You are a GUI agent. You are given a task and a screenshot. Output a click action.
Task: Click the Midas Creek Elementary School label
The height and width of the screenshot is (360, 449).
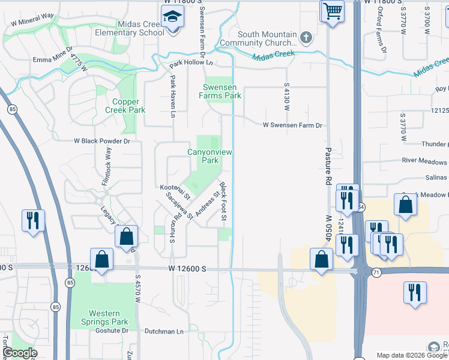pos(129,28)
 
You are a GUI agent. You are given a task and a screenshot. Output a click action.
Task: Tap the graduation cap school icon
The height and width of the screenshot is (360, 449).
pos(172,18)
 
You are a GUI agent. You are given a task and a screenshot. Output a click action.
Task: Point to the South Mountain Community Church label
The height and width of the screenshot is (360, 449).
pos(267,38)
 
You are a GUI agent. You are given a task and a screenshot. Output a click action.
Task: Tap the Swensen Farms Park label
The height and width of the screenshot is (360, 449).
pos(221,91)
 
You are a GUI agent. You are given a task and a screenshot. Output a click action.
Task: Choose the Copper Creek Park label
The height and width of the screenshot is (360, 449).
pos(125,106)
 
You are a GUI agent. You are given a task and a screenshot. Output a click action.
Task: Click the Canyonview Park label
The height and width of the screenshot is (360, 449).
pos(209,157)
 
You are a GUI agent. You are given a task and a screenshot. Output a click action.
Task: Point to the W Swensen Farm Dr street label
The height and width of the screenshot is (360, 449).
pos(293,125)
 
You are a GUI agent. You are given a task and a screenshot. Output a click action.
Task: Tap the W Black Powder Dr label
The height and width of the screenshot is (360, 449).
pos(101,141)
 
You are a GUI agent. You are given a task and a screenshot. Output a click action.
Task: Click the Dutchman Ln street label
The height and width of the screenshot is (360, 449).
pos(164,331)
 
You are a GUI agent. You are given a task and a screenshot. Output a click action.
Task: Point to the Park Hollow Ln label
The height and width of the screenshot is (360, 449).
pos(191,63)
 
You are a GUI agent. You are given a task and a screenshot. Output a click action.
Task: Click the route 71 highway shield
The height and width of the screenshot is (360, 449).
pos(376,272)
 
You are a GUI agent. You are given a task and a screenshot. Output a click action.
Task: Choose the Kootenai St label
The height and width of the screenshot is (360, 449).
pos(175,191)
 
